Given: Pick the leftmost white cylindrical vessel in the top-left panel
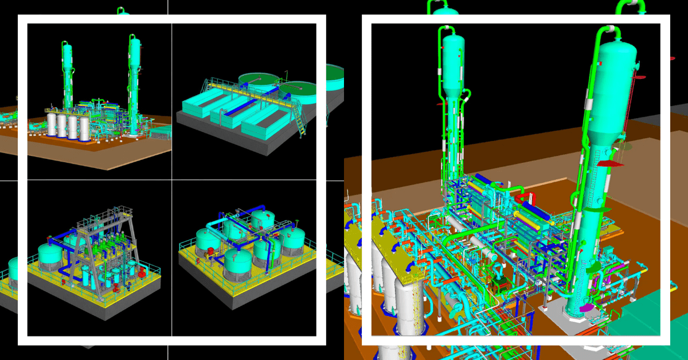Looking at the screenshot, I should [52, 124].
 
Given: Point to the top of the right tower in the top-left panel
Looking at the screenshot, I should [134, 41].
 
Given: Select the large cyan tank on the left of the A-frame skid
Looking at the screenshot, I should [50, 256].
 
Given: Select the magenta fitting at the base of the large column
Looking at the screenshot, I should [586, 308].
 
